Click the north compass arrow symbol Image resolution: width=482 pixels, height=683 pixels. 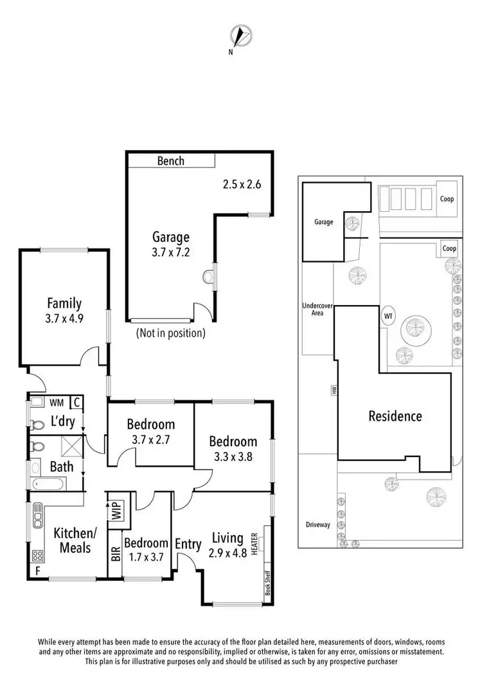pos(240,36)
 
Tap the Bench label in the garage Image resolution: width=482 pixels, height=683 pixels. pos(171,161)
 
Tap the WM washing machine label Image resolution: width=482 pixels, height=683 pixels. pos(57,402)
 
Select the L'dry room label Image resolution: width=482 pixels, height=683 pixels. pos(66,423)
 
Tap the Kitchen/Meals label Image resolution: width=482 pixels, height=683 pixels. pos(72,540)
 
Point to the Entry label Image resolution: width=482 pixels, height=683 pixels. pos(188,544)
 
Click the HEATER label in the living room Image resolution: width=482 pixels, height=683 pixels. pos(255,543)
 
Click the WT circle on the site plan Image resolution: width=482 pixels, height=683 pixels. pos(388,316)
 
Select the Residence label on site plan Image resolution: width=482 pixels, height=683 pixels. pos(395,416)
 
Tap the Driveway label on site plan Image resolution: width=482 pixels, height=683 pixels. pos(317,525)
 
